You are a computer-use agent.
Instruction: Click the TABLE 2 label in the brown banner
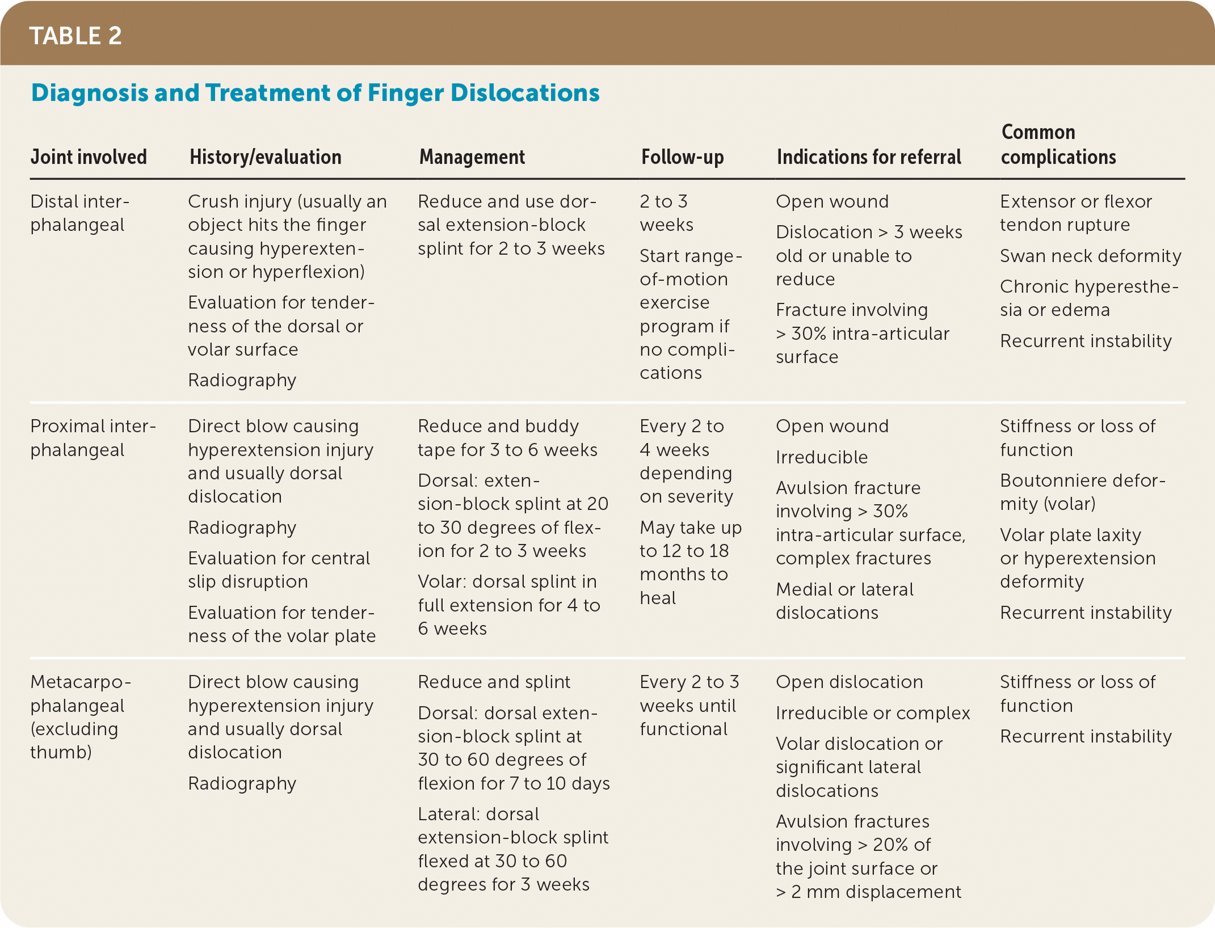point(75,36)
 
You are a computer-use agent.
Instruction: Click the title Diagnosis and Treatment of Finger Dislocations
point(315,93)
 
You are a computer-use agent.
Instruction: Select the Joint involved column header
point(89,157)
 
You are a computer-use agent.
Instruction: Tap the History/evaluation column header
point(265,157)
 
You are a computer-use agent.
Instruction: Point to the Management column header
point(472,157)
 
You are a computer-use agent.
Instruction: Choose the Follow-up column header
point(682,157)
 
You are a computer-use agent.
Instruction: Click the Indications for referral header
point(868,157)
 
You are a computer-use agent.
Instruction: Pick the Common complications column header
point(1058,145)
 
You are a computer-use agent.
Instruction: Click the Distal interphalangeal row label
point(79,213)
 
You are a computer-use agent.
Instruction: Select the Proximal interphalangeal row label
point(93,438)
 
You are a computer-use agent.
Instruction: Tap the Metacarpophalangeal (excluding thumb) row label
point(80,717)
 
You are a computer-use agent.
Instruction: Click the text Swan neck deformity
point(1090,256)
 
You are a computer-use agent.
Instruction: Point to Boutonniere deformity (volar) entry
point(1082,492)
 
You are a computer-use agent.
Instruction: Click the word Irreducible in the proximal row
point(821,457)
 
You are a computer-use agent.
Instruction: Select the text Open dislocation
point(849,682)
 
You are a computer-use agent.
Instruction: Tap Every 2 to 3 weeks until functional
point(689,706)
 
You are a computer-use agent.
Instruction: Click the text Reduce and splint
point(494,682)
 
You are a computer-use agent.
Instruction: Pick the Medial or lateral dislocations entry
point(844,601)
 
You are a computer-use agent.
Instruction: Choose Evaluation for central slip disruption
point(279,570)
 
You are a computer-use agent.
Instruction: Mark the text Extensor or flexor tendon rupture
point(1075,213)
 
